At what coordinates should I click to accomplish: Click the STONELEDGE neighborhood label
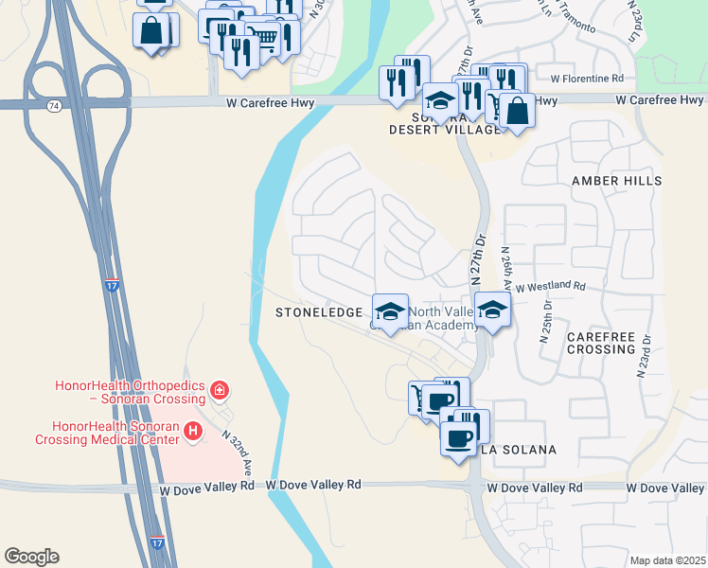(318, 312)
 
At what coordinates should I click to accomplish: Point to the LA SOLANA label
(521, 449)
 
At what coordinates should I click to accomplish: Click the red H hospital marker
(193, 431)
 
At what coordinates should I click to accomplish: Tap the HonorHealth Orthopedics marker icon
(220, 389)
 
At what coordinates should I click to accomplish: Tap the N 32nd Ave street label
(238, 453)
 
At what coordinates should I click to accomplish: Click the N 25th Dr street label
(546, 319)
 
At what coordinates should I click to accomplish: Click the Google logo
(31, 557)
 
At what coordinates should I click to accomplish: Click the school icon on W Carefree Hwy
(439, 99)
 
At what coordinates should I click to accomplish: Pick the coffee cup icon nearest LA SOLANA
(459, 438)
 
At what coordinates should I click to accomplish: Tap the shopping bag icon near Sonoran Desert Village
(517, 110)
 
